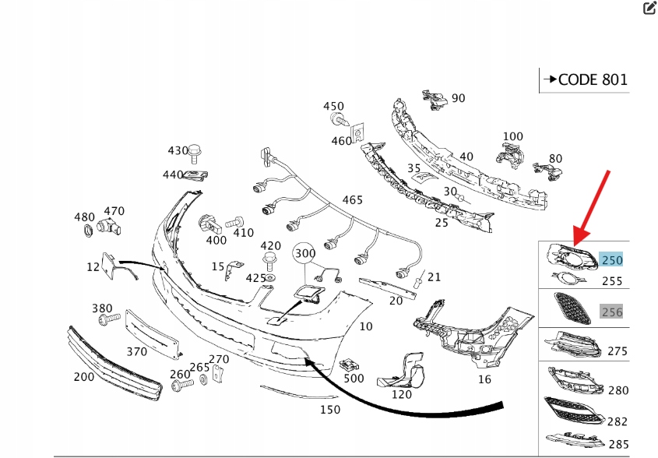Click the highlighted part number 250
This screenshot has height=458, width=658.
tap(612, 260)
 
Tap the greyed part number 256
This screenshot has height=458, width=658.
tap(612, 312)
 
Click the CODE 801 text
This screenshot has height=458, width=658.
tap(593, 79)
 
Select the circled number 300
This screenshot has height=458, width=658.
tap(305, 253)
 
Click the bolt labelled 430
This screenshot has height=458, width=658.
tap(195, 153)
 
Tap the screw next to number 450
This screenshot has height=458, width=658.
tap(339, 120)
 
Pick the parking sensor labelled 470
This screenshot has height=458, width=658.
tap(109, 227)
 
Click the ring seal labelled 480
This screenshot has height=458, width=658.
tap(89, 231)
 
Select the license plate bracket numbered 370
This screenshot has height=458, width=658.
tap(153, 334)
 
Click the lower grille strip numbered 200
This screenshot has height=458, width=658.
tap(114, 364)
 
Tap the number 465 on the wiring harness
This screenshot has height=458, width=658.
tap(353, 200)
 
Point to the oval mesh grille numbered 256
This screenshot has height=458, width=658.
tap(572, 308)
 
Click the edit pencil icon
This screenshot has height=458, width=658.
tap(649, 7)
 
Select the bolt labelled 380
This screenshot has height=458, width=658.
tap(109, 319)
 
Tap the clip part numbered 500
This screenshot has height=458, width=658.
tap(348, 365)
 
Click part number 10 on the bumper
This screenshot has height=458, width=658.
tap(366, 326)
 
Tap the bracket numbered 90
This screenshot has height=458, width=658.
tap(435, 100)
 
